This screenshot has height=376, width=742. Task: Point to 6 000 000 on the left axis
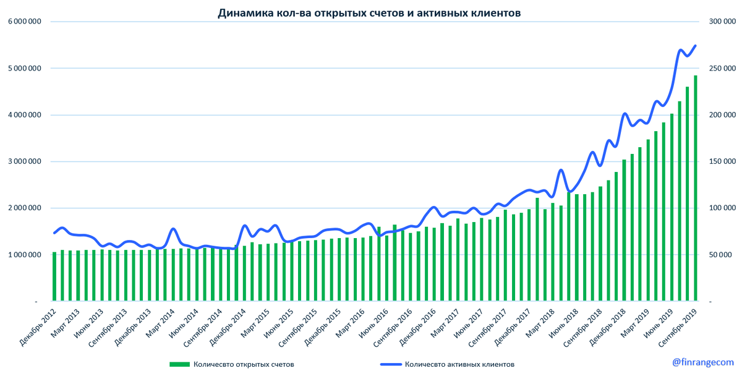pyautogui.click(x=25, y=22)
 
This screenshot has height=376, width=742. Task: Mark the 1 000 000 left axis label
pyautogui.click(x=25, y=255)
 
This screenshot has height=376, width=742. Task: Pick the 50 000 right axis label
pyautogui.click(x=719, y=255)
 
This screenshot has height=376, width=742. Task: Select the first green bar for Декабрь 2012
pyautogui.click(x=54, y=277)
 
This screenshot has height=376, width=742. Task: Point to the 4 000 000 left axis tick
pyautogui.click(x=25, y=115)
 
